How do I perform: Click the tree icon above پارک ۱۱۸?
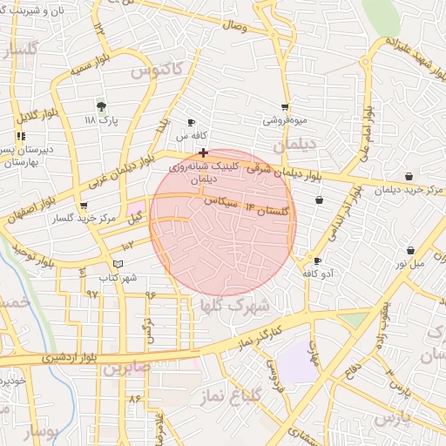pos(102,106)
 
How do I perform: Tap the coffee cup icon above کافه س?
pos(192,123)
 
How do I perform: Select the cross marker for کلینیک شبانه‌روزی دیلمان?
pos(203,152)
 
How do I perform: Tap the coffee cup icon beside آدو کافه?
pos(317,260)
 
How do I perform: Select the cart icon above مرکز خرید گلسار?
pos(83,206)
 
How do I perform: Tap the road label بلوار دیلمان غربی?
pos(122,171)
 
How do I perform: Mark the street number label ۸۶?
pos(134,397)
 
